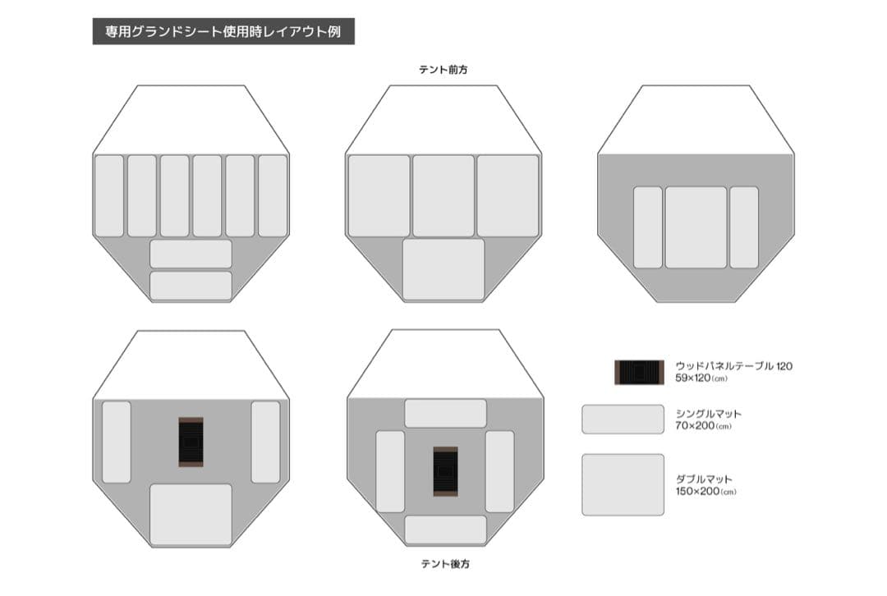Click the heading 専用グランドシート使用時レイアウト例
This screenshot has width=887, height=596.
point(223,32)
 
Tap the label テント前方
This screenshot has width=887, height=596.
point(443,71)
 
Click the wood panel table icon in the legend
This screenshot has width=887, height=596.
point(638,372)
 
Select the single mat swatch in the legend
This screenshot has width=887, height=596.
point(623,419)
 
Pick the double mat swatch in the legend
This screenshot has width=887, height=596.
point(623,484)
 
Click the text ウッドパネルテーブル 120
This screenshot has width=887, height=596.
point(733,366)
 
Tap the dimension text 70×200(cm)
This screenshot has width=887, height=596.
point(703,427)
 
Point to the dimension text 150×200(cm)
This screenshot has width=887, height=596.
point(705,492)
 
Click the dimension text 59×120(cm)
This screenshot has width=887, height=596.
point(703,378)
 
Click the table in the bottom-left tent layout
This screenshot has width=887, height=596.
point(191,442)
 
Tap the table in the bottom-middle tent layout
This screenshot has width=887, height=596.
point(445,471)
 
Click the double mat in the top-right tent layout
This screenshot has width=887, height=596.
point(696,227)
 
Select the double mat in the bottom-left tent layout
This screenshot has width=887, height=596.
point(191,514)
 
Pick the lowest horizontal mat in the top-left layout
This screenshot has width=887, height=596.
point(191,285)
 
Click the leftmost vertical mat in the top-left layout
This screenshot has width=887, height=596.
point(109,195)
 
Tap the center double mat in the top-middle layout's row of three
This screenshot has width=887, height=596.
point(443,195)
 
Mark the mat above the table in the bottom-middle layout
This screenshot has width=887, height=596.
point(445,413)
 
